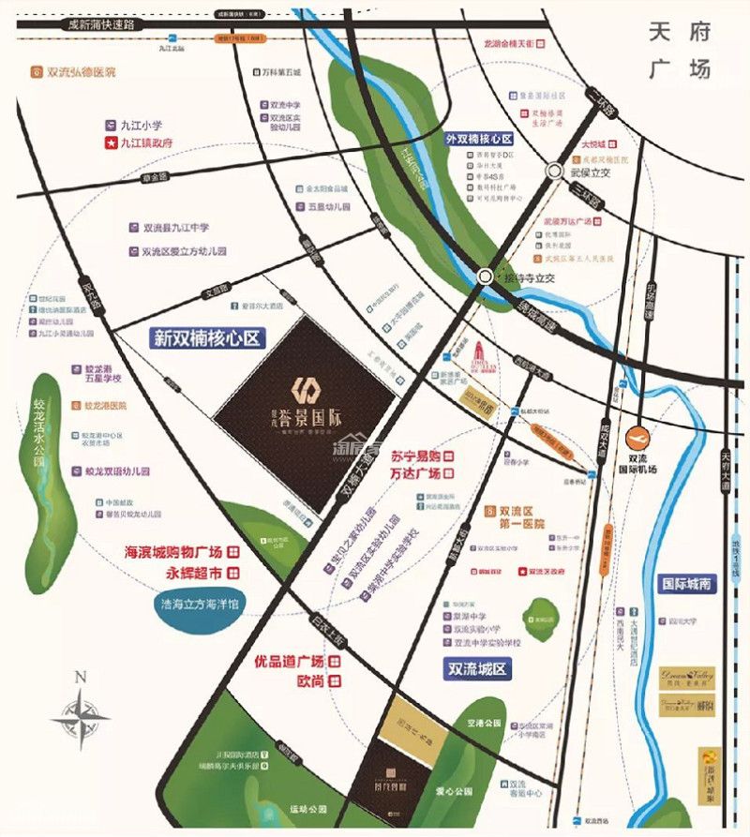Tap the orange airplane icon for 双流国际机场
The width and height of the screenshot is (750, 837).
637,437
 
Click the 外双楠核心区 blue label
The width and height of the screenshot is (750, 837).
482,138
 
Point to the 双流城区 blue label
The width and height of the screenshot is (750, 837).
474,668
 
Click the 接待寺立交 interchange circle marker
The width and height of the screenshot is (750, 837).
484,277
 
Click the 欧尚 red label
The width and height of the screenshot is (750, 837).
310,681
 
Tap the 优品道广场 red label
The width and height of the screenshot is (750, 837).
290,662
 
